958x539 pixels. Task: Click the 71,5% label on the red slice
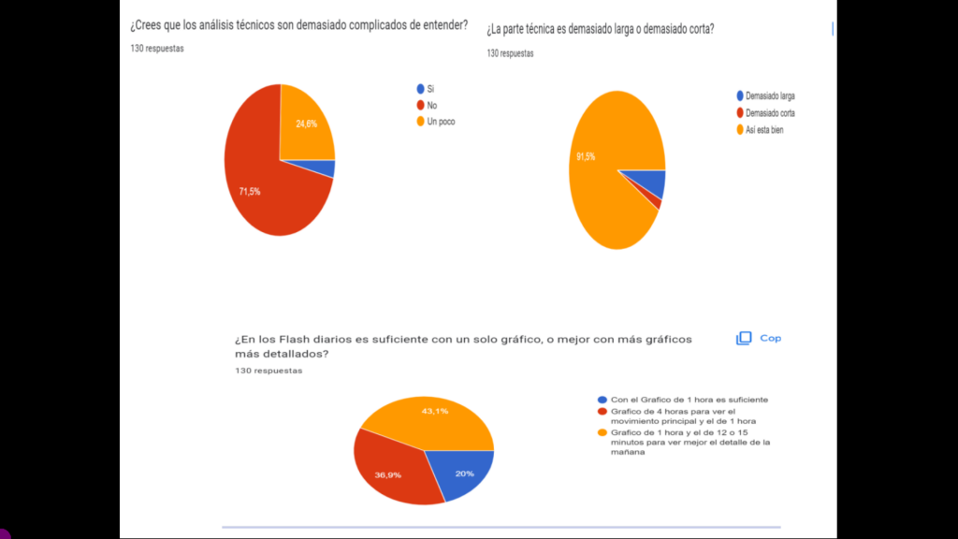pos(250,192)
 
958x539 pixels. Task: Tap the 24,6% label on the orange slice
pos(306,124)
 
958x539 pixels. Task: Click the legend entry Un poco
pos(441,122)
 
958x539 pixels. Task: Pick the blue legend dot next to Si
pos(420,89)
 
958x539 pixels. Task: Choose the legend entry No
pos(431,106)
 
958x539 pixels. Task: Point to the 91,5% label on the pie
pos(586,156)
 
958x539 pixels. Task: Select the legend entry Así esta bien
pos(764,130)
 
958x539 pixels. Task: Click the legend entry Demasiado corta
pos(770,113)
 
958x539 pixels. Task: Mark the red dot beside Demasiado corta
pos(740,113)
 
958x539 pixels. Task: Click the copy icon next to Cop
pos(744,339)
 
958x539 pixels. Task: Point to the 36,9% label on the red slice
pos(388,475)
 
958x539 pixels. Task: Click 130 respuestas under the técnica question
pos(510,54)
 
